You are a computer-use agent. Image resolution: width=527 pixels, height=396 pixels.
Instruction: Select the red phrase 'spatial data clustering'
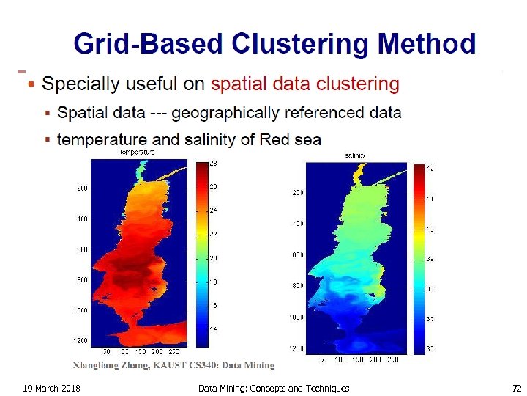304,84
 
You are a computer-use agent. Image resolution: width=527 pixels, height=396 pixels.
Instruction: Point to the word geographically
231,113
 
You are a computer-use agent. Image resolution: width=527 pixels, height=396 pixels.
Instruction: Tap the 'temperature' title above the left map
138,153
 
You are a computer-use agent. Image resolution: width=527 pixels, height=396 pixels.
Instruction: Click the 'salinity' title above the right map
356,155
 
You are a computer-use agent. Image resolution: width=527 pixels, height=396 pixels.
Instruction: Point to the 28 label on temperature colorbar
213,164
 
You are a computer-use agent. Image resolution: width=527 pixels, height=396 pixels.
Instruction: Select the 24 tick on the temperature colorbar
213,210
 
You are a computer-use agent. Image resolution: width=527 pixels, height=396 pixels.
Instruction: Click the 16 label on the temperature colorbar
213,304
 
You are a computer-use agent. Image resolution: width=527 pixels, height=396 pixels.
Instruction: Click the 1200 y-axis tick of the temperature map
80,341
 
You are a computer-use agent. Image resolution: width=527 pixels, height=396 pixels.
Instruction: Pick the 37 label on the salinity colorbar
430,319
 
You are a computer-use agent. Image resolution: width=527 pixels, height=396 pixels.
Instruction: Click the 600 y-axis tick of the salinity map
297,255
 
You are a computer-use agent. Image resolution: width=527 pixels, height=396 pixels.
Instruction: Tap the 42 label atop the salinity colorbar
430,169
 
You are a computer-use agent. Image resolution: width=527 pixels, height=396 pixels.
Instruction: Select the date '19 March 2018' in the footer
51,388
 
